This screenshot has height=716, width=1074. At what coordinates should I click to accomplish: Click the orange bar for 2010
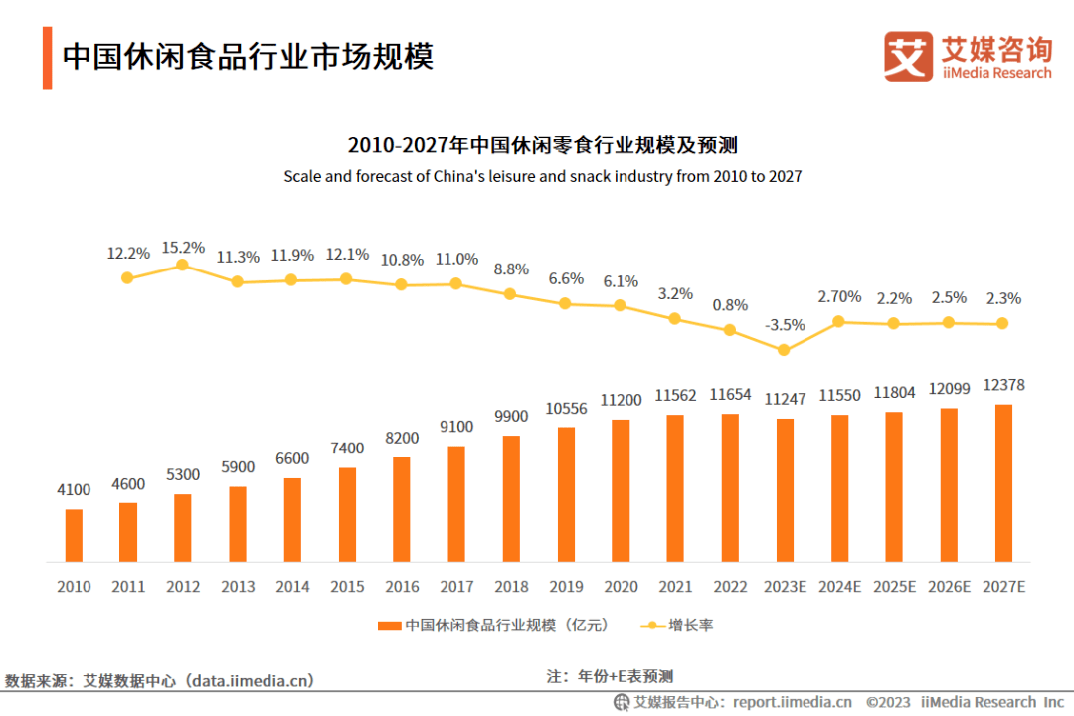(x=74, y=535)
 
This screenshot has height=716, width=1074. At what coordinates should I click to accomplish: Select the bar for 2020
(x=621, y=490)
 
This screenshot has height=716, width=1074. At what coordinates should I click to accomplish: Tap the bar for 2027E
(x=1002, y=482)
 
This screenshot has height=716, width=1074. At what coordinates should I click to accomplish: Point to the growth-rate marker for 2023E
(x=784, y=350)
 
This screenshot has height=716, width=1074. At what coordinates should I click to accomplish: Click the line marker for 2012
(x=182, y=265)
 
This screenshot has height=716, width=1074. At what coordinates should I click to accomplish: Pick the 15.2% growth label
(x=183, y=247)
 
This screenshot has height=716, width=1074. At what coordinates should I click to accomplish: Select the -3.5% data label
(x=785, y=326)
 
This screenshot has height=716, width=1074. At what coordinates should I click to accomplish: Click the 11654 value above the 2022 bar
(x=730, y=395)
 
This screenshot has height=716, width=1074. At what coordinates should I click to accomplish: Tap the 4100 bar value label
(x=74, y=489)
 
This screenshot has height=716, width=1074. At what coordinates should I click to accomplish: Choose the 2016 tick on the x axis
(x=402, y=587)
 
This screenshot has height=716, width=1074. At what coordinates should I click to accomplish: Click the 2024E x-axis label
(x=839, y=587)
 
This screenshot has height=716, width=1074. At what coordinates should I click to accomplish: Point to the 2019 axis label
(x=566, y=587)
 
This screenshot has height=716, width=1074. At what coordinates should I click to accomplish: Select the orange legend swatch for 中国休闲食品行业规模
(x=389, y=626)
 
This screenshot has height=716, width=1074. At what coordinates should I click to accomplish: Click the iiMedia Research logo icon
(x=908, y=58)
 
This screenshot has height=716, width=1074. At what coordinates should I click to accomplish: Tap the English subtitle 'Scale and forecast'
(x=542, y=176)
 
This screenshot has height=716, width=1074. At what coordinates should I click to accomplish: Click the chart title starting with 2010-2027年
(x=542, y=145)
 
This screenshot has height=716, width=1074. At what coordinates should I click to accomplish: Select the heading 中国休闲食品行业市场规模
(x=248, y=56)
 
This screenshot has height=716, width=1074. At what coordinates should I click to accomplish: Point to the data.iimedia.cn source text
(x=253, y=681)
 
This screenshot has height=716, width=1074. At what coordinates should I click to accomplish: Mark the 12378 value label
(x=1002, y=385)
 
